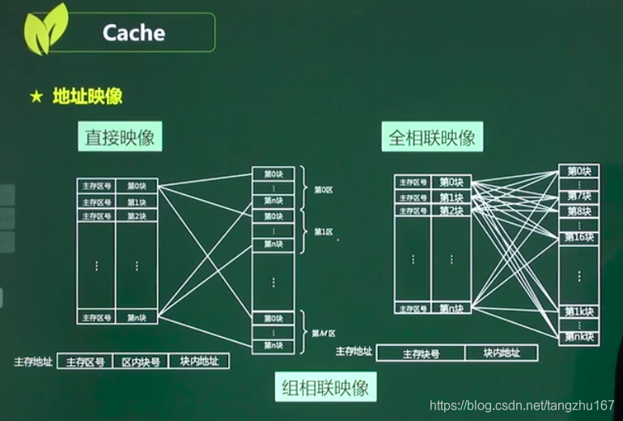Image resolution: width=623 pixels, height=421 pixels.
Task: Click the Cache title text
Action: pos(133,32)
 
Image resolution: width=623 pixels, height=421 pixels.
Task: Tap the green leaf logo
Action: pos(45,30)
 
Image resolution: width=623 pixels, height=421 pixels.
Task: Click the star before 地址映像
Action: pos(36,97)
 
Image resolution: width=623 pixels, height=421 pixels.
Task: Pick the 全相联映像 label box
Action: pos(431,137)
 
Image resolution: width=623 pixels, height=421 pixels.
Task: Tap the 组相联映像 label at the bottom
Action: pos(325,387)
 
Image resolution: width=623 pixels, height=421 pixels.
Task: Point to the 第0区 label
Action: pos(324,189)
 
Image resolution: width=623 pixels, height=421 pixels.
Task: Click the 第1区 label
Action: pos(324,232)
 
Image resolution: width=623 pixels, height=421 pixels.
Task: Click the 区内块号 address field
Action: pos(140,361)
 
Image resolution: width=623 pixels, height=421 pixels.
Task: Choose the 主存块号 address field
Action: pos(421,353)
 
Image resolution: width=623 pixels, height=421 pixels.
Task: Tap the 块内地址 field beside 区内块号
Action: pos(198,361)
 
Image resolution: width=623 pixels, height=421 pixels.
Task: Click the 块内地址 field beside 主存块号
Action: pos(501,353)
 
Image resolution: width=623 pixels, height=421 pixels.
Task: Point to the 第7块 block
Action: pos(578,196)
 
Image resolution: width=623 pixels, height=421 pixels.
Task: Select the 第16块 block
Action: pos(578,237)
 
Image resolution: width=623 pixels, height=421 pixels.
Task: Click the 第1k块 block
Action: pos(578,312)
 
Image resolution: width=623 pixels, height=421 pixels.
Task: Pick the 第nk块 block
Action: pos(578,337)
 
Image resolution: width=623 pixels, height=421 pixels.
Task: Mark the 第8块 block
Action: pos(578,211)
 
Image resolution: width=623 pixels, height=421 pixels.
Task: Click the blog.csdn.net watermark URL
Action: pos(521,404)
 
